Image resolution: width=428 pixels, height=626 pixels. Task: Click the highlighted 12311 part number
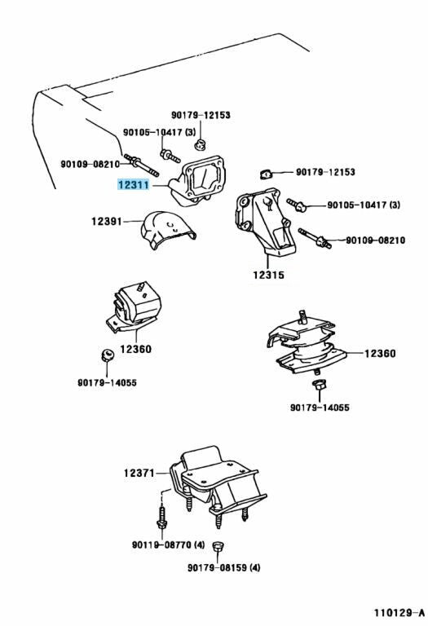[132, 186]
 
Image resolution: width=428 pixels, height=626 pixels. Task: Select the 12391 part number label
[107, 220]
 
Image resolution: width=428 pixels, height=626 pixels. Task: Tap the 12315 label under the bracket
[267, 276]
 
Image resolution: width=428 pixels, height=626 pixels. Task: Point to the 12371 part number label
[139, 473]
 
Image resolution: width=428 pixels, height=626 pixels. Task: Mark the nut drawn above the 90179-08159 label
[218, 546]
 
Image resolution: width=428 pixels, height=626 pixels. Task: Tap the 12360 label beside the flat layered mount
[379, 353]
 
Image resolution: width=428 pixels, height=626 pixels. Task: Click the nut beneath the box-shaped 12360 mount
[104, 355]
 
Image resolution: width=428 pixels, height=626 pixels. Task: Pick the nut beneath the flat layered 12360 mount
[319, 386]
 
